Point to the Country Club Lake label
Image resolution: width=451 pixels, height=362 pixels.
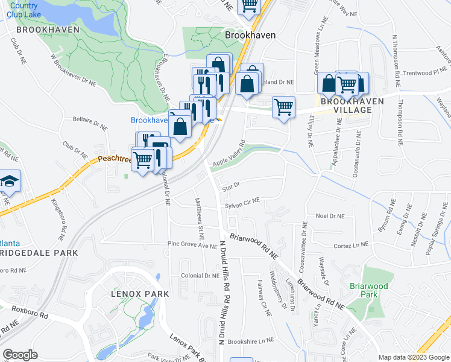[23, 9]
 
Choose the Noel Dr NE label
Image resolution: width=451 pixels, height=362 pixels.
[330, 216]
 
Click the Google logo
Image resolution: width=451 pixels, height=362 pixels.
[20, 354]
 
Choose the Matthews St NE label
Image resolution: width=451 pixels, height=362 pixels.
[198, 214]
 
